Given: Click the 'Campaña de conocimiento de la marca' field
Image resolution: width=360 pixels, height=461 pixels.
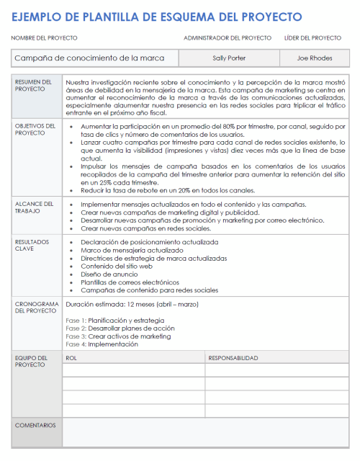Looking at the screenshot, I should click(x=89, y=58).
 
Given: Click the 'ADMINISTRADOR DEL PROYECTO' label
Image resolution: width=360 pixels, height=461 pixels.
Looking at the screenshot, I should click(x=228, y=37).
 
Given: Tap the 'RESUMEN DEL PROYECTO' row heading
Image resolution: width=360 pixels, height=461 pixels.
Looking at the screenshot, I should click(x=33, y=86).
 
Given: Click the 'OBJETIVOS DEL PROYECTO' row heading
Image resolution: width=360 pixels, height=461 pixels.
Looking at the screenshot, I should click(x=33, y=129).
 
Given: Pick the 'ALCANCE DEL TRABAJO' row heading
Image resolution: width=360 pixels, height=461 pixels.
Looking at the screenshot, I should click(x=33, y=208).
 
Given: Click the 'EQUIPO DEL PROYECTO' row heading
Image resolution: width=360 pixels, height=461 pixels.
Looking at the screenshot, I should click(x=32, y=361).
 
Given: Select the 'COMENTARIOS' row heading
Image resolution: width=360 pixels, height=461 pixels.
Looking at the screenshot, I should click(x=35, y=425).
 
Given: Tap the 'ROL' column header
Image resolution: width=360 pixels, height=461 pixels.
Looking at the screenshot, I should click(x=71, y=357).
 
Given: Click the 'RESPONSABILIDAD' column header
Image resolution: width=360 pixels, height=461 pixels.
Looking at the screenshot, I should click(x=233, y=357).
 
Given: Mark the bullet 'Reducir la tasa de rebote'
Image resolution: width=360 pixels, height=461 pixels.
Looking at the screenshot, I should click(x=167, y=190).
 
